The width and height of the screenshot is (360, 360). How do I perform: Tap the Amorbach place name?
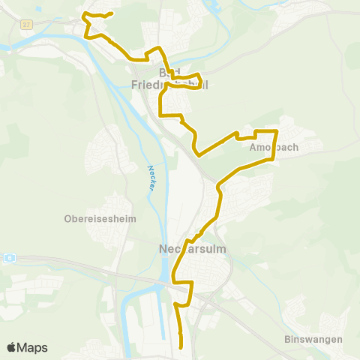tap(273, 148)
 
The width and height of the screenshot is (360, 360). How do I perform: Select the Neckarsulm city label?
tap(192, 248)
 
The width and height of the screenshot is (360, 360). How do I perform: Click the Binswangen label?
tap(313, 339)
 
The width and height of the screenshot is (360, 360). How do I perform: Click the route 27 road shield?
tap(28, 25)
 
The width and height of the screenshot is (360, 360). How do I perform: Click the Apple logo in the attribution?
tap(13, 347)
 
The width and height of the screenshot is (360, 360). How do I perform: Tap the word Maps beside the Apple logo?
tap(34, 348)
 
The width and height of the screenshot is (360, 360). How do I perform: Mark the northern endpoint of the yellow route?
tap(112, 13)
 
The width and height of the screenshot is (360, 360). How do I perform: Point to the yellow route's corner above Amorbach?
tap(277, 132)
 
